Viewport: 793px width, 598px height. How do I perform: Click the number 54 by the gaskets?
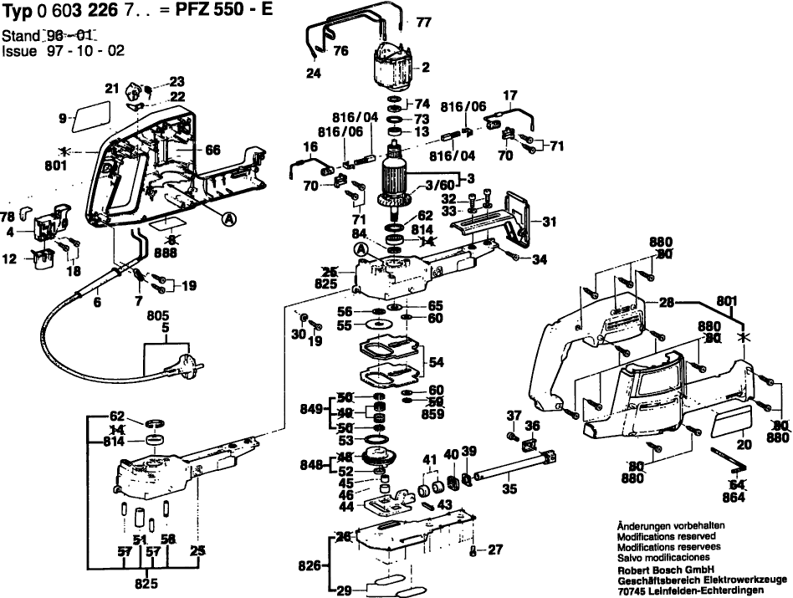click(x=436, y=362)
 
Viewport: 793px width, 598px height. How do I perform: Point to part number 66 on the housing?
click(x=212, y=150)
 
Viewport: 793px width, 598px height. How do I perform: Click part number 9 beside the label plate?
click(x=63, y=119)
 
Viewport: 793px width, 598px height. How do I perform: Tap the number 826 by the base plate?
click(x=308, y=565)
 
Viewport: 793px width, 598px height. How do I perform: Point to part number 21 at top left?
click(x=112, y=88)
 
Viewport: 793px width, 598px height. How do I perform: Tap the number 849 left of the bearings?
click(x=311, y=410)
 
